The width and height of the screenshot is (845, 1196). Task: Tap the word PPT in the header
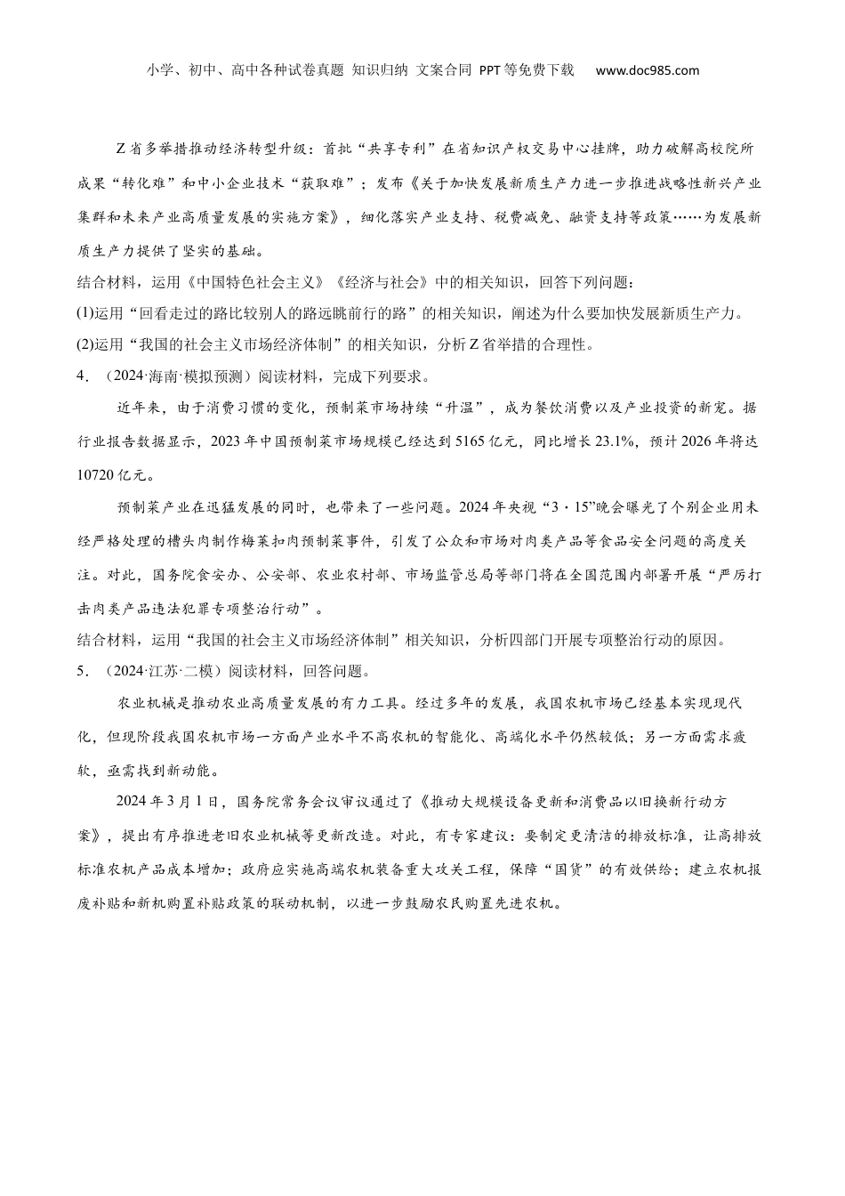coord(491,70)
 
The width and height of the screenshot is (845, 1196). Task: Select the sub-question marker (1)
coord(85,312)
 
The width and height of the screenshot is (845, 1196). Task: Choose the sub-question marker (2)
coord(85,344)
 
